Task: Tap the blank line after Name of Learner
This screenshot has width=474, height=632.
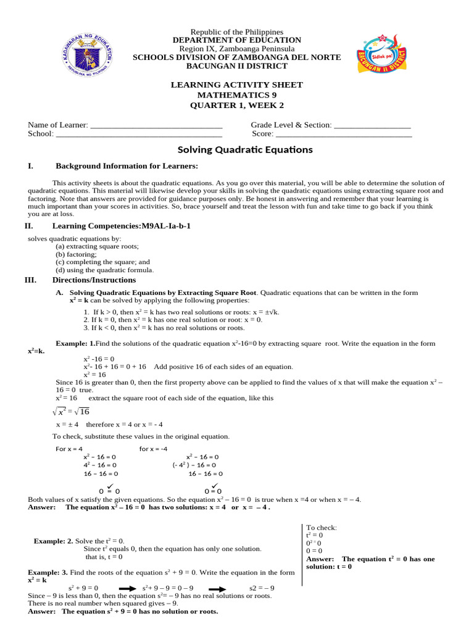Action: click(156, 125)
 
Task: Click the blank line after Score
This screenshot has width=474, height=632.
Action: click(343, 134)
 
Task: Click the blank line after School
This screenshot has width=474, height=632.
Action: click(139, 134)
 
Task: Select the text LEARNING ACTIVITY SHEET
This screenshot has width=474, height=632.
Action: click(237, 85)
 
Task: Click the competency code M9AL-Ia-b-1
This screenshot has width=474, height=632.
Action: click(167, 227)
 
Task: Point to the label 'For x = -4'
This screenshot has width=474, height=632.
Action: click(153, 449)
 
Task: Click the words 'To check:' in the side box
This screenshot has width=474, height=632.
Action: click(322, 528)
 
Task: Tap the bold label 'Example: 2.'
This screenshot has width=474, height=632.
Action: click(54, 541)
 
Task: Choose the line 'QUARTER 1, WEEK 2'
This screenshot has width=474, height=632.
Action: click(237, 105)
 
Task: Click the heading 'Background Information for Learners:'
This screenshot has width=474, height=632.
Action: click(127, 166)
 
